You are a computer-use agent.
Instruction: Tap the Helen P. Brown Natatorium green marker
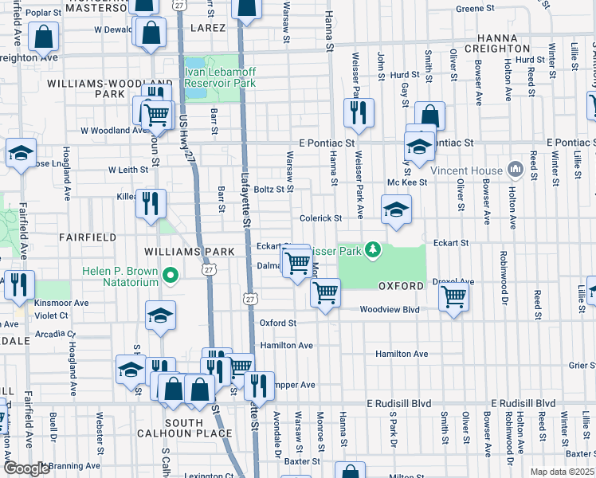[170, 276]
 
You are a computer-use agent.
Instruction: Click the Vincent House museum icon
[514, 170]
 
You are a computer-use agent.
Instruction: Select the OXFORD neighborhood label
[400, 285]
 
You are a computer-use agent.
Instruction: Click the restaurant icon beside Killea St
[150, 203]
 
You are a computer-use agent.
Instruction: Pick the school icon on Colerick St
[396, 210]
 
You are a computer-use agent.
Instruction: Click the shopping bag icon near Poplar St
[44, 36]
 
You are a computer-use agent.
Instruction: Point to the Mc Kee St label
[407, 182]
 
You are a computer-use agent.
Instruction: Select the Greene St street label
[476, 9]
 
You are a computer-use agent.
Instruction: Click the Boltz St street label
[269, 190]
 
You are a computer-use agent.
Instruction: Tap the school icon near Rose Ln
[21, 153]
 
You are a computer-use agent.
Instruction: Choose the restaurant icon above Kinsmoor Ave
[15, 283]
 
